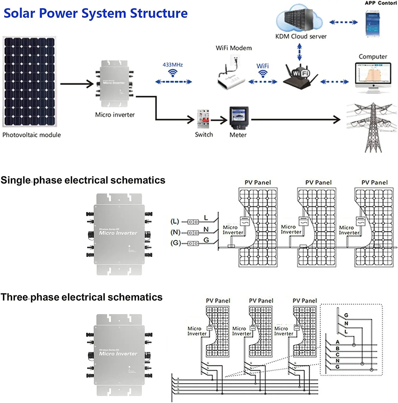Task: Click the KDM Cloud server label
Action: click(301, 36)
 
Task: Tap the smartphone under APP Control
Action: click(372, 23)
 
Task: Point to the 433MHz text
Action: click(173, 65)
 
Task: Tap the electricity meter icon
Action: click(239, 118)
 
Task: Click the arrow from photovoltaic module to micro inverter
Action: click(77, 84)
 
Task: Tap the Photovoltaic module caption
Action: click(31, 135)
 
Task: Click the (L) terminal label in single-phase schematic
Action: click(175, 221)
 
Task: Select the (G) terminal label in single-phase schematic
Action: click(175, 243)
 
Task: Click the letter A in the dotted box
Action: click(338, 342)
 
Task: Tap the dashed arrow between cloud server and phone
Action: click(343, 22)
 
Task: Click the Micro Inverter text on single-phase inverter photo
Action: click(118, 233)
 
